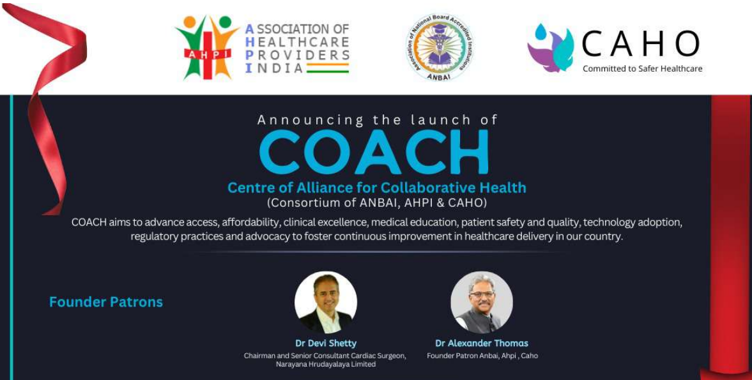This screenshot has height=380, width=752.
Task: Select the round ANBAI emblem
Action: click(439, 48)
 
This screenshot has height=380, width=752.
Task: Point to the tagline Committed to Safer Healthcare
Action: click(642, 69)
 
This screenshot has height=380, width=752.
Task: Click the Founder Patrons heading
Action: click(106, 302)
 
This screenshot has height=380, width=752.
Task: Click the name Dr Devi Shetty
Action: click(326, 344)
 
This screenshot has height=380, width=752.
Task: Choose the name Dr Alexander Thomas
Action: click(482, 344)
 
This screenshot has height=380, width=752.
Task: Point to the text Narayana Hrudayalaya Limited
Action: click(325, 365)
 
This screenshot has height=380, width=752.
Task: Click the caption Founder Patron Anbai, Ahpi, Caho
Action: click(482, 356)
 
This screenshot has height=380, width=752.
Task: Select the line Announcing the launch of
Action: click(377, 120)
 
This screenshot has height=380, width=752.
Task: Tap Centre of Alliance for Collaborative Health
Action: click(377, 188)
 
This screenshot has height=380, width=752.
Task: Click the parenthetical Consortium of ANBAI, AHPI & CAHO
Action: click(377, 203)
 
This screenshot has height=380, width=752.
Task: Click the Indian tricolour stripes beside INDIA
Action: click(328, 68)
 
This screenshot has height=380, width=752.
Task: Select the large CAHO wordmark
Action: click(641, 44)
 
